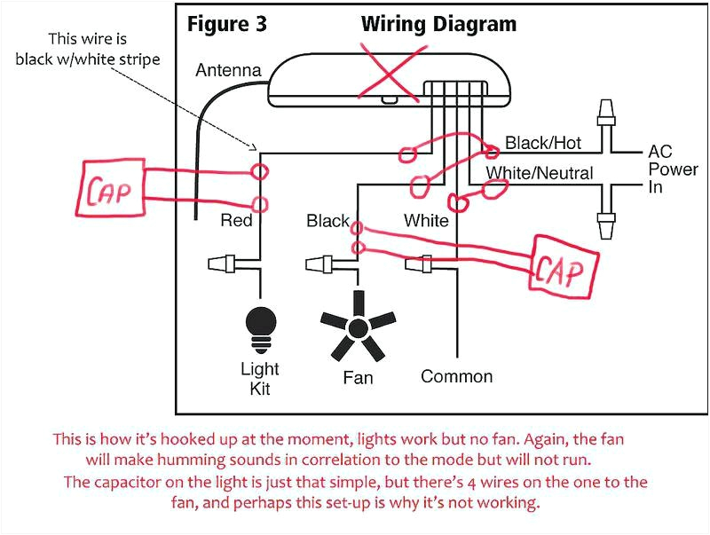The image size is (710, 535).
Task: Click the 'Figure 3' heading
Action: point(227,24)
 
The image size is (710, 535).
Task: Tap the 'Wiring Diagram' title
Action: point(438,24)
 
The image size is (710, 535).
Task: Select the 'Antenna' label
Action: point(228,70)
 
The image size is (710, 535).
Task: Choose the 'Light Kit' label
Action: point(260,378)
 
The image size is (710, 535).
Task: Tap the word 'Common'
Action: point(456,376)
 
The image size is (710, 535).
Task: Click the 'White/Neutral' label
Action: point(539,173)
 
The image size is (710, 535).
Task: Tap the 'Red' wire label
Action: point(236,220)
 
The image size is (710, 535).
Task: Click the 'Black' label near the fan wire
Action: point(327,220)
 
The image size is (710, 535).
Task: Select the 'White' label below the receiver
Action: point(426,220)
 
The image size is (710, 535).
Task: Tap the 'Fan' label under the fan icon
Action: point(358,378)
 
